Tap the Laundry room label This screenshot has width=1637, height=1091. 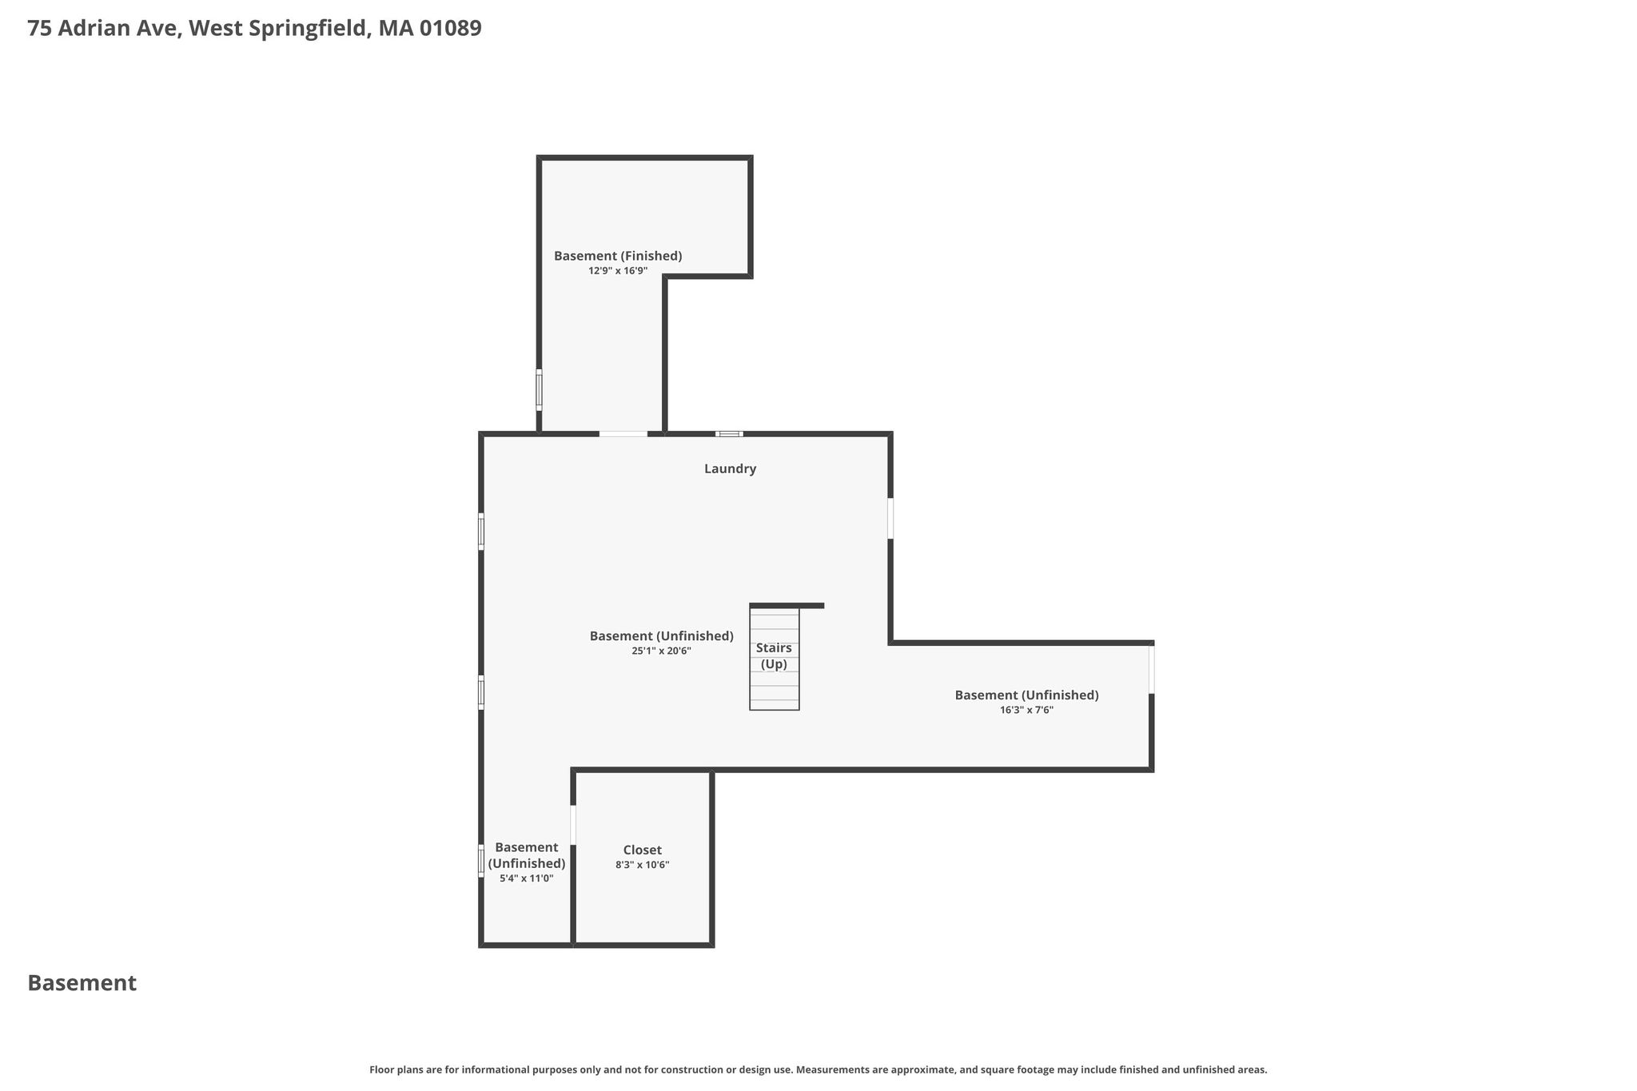coord(730,469)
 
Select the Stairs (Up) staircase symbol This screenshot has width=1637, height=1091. coord(775,658)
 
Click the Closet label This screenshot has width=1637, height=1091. coord(643,850)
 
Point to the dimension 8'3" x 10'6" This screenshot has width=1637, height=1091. coord(643,865)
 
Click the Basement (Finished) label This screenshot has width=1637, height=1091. coord(618,257)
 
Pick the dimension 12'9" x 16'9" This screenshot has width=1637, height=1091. coord(618,271)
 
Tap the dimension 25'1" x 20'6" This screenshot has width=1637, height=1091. coord(661,651)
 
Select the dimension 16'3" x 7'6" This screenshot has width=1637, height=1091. coord(1026,710)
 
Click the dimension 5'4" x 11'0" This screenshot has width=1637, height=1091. coord(527,878)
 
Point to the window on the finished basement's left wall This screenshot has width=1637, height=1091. coord(539,390)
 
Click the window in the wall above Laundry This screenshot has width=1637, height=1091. coord(729,434)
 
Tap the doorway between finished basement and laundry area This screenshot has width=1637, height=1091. coord(623,434)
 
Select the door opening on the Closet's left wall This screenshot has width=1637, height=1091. coord(573,825)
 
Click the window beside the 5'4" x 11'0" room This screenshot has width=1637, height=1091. coord(481,861)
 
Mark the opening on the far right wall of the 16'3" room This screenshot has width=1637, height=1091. coord(1152,669)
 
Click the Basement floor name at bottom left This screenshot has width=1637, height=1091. coord(82,983)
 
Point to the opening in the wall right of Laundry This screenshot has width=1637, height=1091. coord(890,519)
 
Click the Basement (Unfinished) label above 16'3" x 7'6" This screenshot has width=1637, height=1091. coord(1026,695)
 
